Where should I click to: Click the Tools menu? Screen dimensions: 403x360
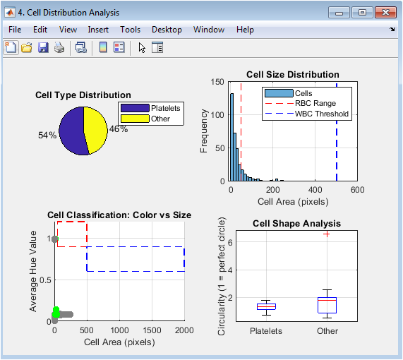point(131,30)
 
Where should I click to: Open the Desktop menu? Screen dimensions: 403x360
point(167,30)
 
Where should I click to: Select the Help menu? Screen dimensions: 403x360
point(245,30)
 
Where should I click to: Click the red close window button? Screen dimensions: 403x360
point(385,12)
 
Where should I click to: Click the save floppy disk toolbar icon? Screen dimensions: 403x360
point(43,48)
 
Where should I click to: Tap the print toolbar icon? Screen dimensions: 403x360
point(59,48)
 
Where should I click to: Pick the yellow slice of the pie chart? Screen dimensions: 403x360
point(96,130)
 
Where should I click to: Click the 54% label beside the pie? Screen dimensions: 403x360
point(47,136)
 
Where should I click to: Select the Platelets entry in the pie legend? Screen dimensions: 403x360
point(150,108)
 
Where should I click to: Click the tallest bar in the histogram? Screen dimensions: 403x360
point(231,138)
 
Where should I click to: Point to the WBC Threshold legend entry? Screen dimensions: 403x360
point(307,114)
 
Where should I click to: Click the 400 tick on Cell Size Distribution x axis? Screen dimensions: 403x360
point(315,190)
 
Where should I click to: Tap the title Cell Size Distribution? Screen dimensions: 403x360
point(293,75)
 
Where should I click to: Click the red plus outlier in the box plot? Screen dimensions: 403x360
point(327,234)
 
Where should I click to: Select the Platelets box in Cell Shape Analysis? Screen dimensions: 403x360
point(266,306)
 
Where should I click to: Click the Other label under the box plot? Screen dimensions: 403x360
point(327,331)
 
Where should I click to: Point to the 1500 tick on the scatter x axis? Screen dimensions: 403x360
point(152,330)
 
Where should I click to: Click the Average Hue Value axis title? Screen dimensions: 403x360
point(33,271)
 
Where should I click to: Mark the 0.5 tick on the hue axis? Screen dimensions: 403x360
point(45,280)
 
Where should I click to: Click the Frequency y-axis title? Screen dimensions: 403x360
point(203,131)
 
